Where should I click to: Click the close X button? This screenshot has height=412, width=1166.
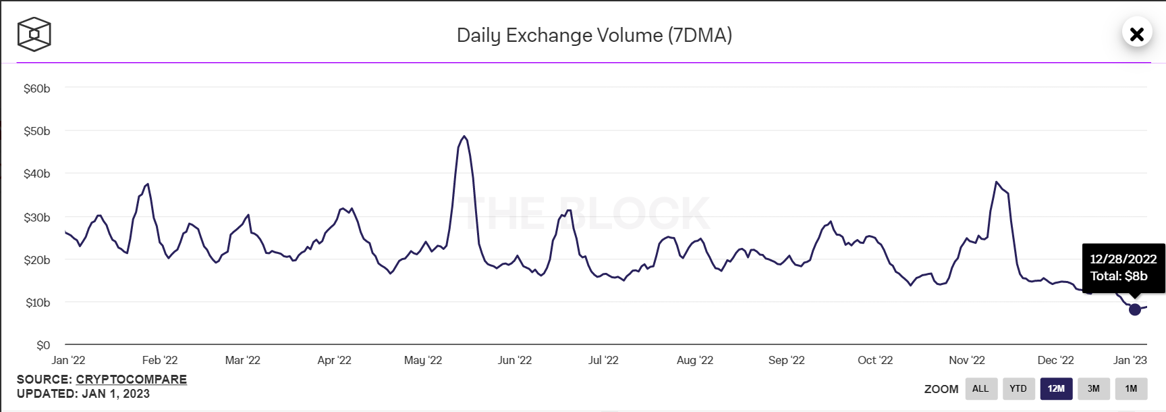pos(1136,34)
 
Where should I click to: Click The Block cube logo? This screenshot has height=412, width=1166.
pos(34,34)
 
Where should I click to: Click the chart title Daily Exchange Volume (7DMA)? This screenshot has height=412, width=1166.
pos(594,35)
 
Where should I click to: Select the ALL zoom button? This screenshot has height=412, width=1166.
pos(980,388)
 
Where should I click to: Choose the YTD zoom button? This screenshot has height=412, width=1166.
pos(1018,388)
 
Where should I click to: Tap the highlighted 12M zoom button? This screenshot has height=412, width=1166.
pos(1056,388)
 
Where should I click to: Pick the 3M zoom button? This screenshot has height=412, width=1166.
pos(1094,388)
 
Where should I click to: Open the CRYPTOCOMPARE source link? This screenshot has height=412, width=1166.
pos(131,380)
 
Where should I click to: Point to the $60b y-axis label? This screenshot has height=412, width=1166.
pos(37,88)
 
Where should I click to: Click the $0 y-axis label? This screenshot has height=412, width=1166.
pos(43,345)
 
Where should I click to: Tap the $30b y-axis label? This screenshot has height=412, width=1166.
pos(37,217)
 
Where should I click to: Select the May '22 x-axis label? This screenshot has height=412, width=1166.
pos(423,360)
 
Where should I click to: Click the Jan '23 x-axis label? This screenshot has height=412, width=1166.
pos(1130,360)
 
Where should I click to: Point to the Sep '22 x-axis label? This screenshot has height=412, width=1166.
pos(787,360)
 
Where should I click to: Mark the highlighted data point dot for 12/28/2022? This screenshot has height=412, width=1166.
pos(1135,309)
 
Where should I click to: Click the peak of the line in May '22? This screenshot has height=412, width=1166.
pos(464,136)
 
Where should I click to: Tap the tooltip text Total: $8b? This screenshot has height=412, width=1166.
pos(1119,276)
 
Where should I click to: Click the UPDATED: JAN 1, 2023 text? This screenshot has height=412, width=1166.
pos(83,394)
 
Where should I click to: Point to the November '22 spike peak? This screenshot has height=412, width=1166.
pos(996,182)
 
